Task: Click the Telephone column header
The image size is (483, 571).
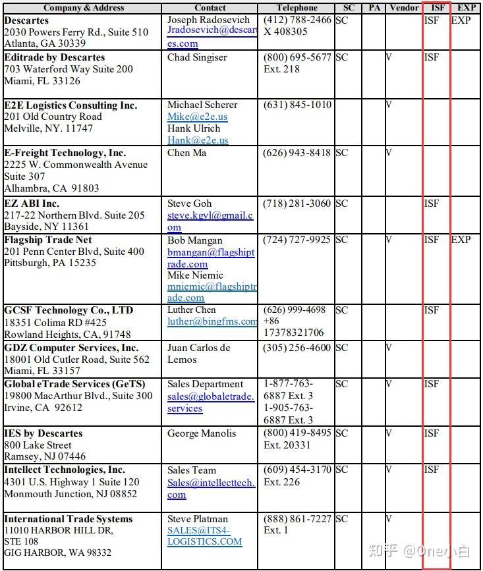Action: (297, 8)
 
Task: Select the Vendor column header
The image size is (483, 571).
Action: (404, 8)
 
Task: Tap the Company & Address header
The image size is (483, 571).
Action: (83, 8)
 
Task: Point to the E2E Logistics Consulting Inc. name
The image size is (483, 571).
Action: (71, 105)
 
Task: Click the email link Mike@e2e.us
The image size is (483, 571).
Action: (197, 117)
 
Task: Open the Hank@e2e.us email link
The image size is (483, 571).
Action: (198, 140)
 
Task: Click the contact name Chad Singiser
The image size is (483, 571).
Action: (197, 57)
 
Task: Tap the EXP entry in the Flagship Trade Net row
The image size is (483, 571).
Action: (461, 240)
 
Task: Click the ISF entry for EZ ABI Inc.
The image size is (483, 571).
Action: (432, 204)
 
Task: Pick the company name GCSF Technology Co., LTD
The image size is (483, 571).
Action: (69, 310)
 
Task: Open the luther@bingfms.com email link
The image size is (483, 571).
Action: (212, 321)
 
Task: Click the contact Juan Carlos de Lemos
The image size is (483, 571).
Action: (198, 354)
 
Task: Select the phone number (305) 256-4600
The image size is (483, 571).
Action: (298, 348)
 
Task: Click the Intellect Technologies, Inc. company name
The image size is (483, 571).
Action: (65, 470)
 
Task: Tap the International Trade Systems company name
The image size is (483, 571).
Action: (69, 519)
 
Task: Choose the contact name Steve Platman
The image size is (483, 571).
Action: (198, 519)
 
